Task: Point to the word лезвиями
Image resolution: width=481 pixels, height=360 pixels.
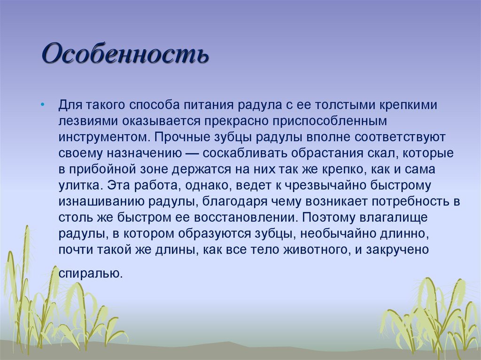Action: (x=88, y=121)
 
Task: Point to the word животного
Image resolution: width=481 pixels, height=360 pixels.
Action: (x=317, y=250)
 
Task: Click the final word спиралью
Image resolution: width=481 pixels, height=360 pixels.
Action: (x=90, y=273)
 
